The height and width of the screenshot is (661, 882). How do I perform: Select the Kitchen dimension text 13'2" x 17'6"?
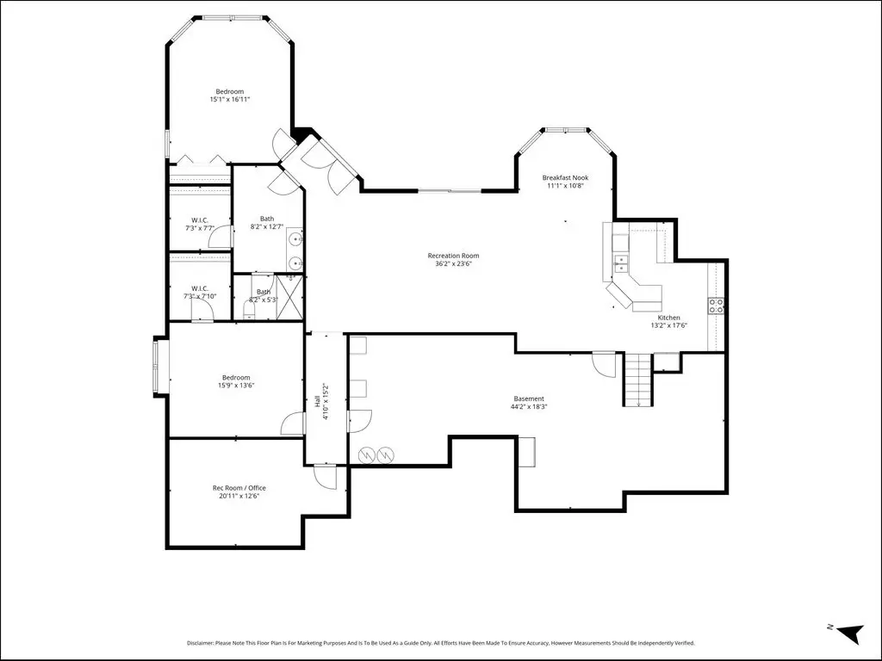(668, 325)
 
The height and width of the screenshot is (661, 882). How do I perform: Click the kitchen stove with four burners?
(716, 306)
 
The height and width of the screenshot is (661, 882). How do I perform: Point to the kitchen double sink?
(620, 263)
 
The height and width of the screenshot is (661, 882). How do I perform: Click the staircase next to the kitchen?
(638, 379)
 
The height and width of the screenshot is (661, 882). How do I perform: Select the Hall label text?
(317, 402)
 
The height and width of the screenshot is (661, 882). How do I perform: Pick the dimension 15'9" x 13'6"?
(236, 386)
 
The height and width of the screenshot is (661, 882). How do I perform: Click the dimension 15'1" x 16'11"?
(229, 100)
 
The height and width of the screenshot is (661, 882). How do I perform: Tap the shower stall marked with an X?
(289, 296)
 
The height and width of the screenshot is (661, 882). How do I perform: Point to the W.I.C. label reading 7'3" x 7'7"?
(200, 225)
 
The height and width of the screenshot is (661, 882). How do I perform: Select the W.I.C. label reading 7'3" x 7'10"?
(200, 293)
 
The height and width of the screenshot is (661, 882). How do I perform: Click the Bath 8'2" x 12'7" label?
(267, 223)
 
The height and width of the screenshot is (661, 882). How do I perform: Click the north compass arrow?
(850, 633)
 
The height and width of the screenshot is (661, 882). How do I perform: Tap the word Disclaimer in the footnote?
(200, 643)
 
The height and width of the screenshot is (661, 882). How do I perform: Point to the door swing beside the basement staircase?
(604, 364)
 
